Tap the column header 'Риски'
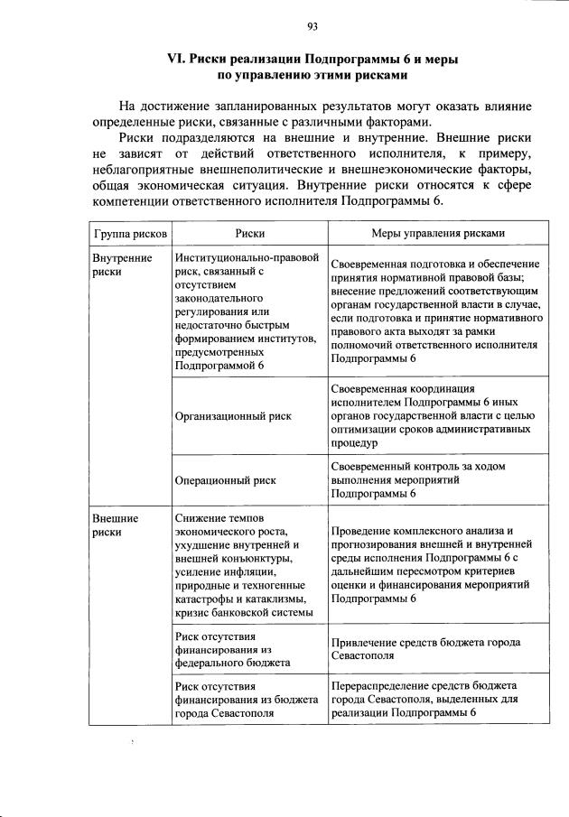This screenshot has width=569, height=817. pos(249,233)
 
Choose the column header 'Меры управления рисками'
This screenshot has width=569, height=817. pos(437,233)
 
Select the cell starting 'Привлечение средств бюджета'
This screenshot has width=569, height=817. pos(424,649)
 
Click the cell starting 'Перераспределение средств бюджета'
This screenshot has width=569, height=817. pos(423,699)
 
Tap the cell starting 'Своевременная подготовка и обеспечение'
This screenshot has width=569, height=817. pos(436,312)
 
